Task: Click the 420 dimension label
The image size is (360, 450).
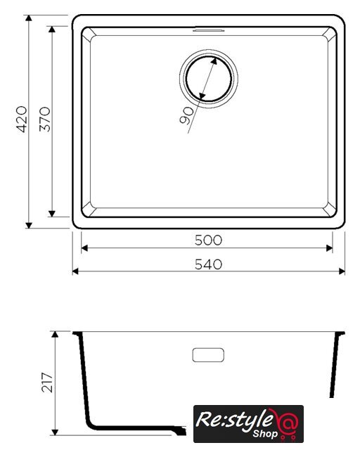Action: [22, 120]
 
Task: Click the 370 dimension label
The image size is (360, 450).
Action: [45, 119]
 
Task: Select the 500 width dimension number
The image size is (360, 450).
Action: [208, 240]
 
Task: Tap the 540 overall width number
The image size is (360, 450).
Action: [208, 264]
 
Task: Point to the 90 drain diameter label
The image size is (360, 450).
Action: [187, 115]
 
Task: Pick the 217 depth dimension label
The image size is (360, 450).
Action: [47, 382]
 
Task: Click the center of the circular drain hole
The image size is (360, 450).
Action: [209, 79]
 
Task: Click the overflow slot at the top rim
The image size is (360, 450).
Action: [208, 30]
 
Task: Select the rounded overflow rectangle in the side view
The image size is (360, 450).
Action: [208, 355]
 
